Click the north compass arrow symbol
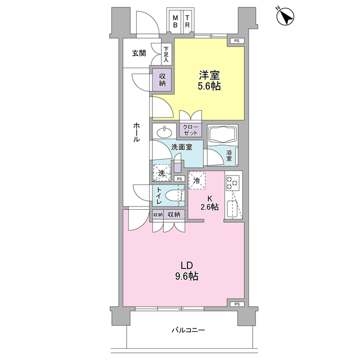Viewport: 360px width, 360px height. coord(285,16)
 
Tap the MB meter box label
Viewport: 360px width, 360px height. coord(175,21)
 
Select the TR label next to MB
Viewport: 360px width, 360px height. coord(187,21)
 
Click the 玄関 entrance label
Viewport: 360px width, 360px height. coord(139,53)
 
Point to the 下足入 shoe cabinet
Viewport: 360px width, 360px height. coord(166,55)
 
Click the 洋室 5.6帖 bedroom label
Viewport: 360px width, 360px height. coord(209,80)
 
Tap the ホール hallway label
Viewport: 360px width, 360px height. coord(136,132)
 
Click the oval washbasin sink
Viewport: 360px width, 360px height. coord(165,132)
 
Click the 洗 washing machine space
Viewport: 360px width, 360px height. coord(162,173)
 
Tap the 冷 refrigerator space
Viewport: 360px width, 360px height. coord(197,181)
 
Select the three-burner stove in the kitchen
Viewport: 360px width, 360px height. coord(232,183)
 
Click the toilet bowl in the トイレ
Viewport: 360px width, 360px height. coord(173,196)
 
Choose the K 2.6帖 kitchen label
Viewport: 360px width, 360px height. coord(209,202)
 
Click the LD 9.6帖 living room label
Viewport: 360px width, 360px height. coord(187,271)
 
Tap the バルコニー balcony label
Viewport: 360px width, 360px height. coord(188,330)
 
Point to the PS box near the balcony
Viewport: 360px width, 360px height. coord(237,304)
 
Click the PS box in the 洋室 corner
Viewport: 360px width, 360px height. coord(236,41)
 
